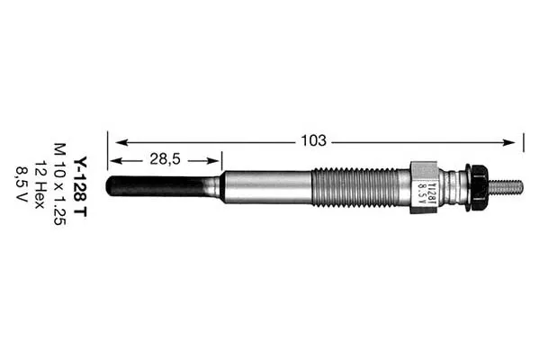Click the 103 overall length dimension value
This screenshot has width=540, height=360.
pos(313,140)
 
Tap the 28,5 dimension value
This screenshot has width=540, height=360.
pos(165,159)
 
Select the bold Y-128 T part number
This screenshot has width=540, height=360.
pos(81,187)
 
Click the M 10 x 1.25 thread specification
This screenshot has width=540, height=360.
pos(60,184)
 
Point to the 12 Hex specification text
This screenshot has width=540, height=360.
pos(40,184)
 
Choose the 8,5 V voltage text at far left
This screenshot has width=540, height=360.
pos(21,184)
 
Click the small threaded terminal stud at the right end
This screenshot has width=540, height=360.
pos(506,187)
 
